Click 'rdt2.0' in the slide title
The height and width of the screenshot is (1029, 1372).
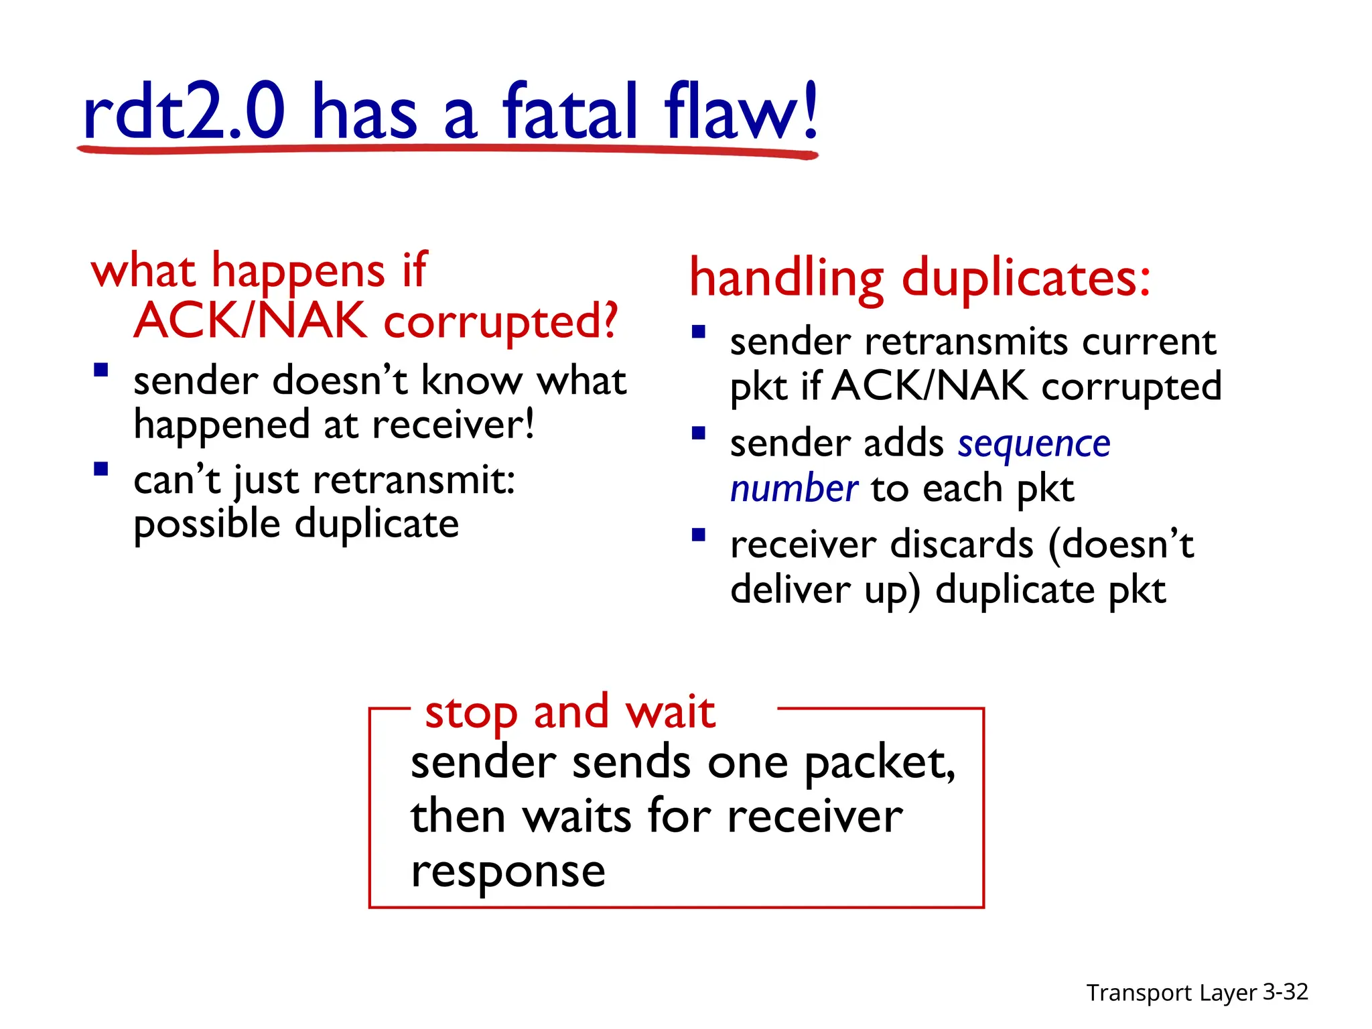[184, 111]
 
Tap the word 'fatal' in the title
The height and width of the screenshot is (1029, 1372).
[570, 111]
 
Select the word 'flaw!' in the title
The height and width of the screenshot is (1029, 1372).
[740, 111]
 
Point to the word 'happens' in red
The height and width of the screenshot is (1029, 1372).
[297, 271]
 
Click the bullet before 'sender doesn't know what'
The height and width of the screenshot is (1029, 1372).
[101, 370]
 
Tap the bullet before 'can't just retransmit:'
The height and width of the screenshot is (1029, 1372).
[101, 468]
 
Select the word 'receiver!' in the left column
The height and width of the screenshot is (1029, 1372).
[453, 425]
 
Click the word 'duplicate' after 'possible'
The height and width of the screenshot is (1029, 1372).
[377, 523]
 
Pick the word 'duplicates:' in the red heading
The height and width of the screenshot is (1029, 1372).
[1026, 278]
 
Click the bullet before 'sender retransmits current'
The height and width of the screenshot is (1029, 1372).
[699, 332]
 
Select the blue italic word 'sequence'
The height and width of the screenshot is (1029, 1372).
[1034, 443]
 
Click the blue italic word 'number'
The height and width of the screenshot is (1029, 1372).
[794, 488]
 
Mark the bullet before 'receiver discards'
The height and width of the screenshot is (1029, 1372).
[699, 535]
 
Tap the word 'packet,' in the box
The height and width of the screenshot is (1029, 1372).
[879, 764]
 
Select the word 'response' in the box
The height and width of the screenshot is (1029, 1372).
[508, 872]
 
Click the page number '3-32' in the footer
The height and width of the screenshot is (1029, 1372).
[1285, 991]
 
